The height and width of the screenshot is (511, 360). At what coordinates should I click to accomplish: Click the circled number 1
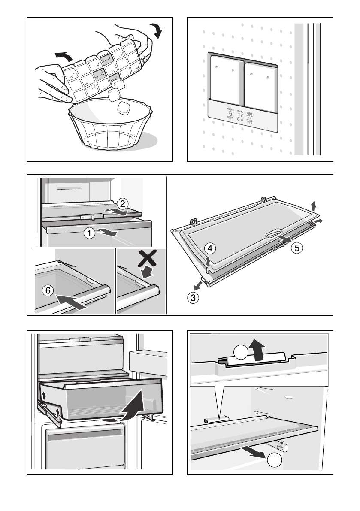89,234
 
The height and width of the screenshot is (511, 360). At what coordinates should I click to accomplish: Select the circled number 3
194,297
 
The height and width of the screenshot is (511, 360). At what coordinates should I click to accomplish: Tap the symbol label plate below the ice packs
242,114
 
